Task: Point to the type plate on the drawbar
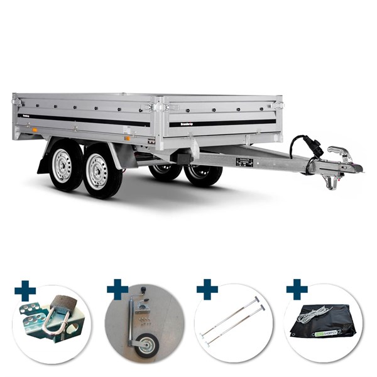tap(244, 162)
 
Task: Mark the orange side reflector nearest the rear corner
tap(35, 130)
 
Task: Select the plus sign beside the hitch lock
tap(26, 290)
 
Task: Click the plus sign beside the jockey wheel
tap(117, 289)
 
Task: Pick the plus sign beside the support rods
tap(207, 289)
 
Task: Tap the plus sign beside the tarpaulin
tap(297, 289)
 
